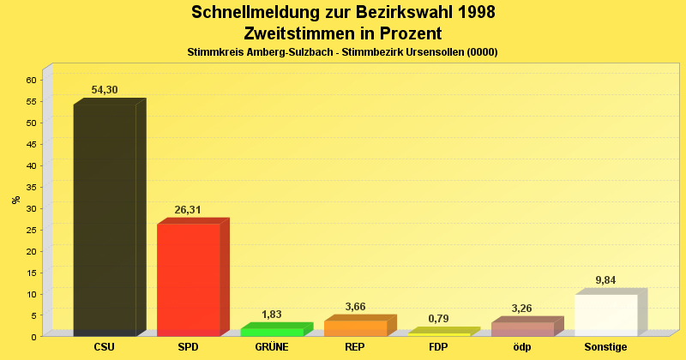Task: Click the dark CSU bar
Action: coord(105,219)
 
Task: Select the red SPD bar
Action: coord(189,279)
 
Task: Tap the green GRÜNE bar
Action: coord(272,331)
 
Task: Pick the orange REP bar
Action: coord(355,327)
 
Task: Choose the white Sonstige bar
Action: coord(606,315)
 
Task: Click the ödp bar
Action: coord(522,328)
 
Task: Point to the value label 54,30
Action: coord(105,90)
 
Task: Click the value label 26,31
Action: coord(188,210)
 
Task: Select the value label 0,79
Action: coord(438,319)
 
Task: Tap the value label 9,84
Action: coord(605,280)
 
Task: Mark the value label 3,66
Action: coord(355,307)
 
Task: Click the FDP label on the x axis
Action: coord(438,347)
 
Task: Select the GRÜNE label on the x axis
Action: coord(272,347)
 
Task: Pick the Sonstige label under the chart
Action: coord(606,347)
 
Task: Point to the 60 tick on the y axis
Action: coord(31,80)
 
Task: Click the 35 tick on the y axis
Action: coord(31,187)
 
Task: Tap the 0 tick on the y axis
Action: coord(33,336)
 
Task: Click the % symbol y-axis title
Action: coord(15,200)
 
